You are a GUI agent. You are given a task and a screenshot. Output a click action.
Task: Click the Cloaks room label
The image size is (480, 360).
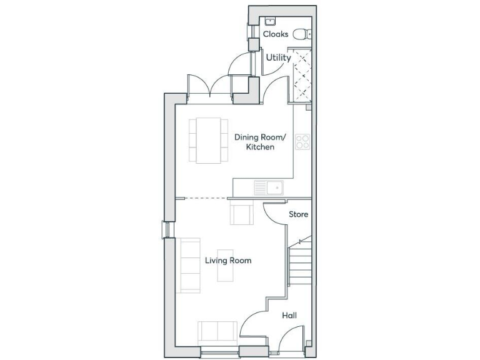276,34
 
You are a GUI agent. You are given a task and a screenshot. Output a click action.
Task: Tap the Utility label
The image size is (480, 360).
278,58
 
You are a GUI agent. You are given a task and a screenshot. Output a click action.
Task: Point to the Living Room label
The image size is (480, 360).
228,260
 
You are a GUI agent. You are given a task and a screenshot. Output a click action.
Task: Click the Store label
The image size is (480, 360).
298,214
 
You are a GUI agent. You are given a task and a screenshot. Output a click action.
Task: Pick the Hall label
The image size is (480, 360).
289,316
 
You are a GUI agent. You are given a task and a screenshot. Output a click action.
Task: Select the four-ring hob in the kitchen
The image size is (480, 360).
302,142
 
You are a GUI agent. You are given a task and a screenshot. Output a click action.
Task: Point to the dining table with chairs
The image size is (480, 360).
208,141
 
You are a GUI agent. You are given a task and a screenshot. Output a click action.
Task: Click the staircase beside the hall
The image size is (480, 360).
299,263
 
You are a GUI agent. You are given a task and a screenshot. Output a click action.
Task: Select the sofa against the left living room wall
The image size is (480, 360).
189,265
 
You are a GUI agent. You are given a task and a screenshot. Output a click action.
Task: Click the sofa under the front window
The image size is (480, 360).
217,331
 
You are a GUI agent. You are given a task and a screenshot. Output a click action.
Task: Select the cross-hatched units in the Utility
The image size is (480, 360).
302,75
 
